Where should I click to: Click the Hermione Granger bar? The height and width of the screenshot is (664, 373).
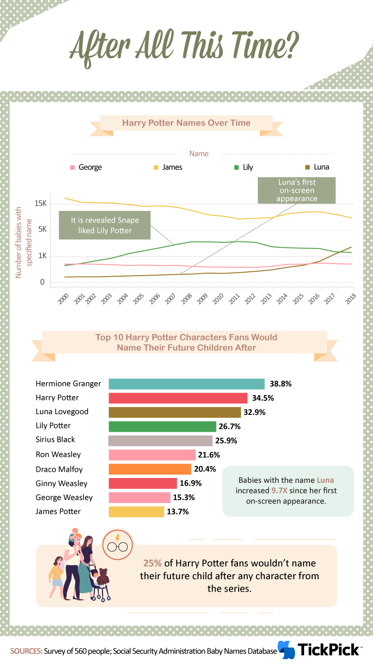point(186,384)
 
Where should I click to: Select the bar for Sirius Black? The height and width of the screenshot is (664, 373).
point(160,441)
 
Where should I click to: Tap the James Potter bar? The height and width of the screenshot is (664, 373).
point(136,512)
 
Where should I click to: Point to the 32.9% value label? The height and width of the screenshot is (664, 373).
point(254,412)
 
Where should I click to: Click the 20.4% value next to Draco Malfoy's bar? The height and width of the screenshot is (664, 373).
point(205,469)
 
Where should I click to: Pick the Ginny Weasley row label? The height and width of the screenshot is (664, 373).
point(61,483)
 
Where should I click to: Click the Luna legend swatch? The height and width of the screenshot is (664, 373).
point(307,168)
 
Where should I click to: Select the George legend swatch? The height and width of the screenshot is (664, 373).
point(72,168)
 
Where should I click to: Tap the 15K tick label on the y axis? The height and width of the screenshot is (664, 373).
point(40,203)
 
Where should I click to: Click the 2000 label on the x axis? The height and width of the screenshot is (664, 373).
point(63,299)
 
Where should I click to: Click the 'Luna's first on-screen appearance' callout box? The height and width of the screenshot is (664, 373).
point(296,190)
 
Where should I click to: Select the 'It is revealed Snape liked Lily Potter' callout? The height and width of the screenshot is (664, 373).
point(105,226)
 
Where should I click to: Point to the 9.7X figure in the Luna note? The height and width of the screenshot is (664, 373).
point(280,491)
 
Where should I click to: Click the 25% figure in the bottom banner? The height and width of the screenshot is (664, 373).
point(153,563)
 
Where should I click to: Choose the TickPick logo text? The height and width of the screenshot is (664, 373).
point(329,650)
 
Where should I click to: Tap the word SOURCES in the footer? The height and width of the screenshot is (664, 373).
point(27,651)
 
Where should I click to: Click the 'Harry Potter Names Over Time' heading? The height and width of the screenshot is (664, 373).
point(186,123)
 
